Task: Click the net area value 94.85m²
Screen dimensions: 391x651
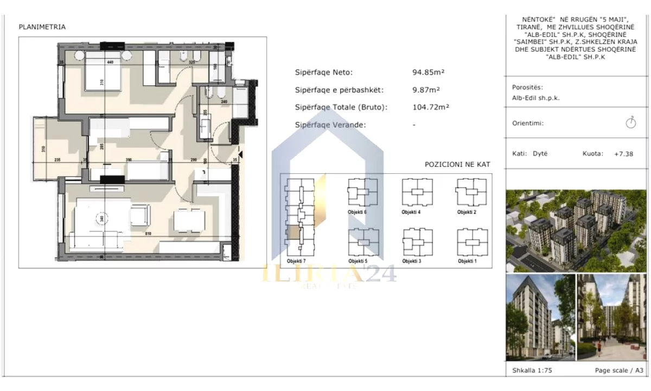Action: click(x=426, y=72)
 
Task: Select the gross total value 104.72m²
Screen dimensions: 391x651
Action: click(x=430, y=107)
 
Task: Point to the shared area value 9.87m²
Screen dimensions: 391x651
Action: click(x=426, y=90)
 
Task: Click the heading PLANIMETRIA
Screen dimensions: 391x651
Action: click(x=42, y=27)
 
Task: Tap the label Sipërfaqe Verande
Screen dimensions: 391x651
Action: click(x=330, y=124)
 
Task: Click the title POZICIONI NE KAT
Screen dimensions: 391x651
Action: click(x=458, y=165)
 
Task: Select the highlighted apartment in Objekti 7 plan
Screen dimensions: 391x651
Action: click(x=292, y=232)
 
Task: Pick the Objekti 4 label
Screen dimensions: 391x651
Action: click(x=411, y=212)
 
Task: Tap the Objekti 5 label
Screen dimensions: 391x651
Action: click(x=358, y=261)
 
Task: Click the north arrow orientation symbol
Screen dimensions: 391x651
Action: click(x=630, y=122)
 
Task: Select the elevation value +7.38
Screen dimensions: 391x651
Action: click(x=623, y=154)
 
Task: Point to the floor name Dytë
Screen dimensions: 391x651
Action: click(x=540, y=154)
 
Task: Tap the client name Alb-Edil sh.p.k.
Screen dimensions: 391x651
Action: click(x=535, y=98)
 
